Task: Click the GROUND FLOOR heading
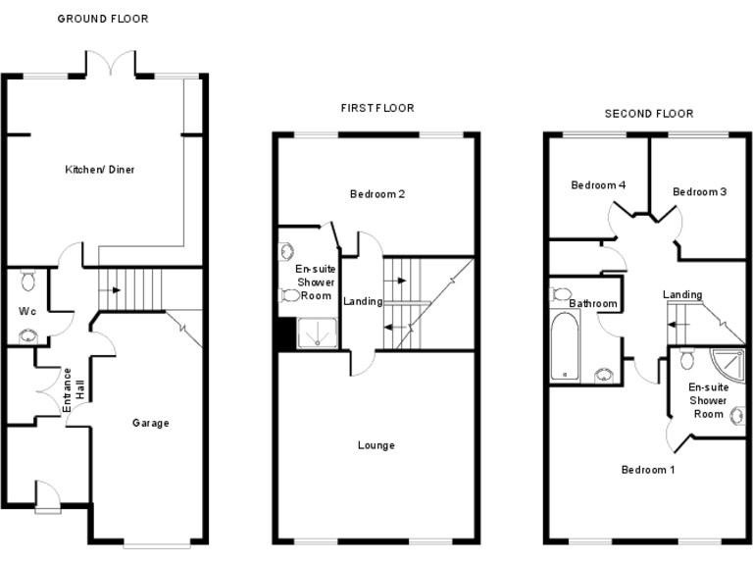(x=103, y=19)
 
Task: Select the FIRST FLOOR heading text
(x=376, y=108)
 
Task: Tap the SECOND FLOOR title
(x=648, y=113)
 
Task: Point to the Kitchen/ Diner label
(x=100, y=170)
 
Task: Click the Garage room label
(x=151, y=424)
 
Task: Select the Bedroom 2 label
(x=377, y=194)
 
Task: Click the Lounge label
(x=376, y=445)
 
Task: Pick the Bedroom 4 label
(x=598, y=185)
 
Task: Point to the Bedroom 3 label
(x=699, y=192)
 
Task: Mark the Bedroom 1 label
(x=648, y=470)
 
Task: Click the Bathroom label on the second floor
(x=593, y=304)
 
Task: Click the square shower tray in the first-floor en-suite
(x=316, y=334)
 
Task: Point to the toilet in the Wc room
(x=27, y=282)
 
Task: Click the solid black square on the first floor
(x=285, y=335)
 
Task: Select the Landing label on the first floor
(x=363, y=301)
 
